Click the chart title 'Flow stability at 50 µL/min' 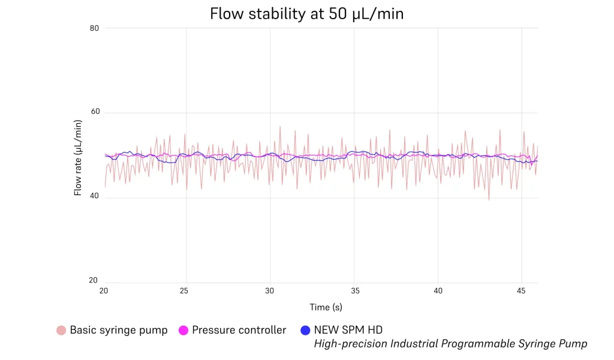pos(306,14)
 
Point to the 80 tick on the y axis pos(94,28)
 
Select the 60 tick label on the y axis pos(94,112)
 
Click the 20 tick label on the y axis pos(94,281)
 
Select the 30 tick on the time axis pos(270,290)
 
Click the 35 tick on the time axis pos(354,290)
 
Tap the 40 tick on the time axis pos(438,290)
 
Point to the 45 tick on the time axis pos(522,290)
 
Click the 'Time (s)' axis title pos(326,307)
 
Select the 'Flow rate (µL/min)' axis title pos(78,157)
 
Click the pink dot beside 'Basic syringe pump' pos(61,330)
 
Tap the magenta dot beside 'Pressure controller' pos(183,330)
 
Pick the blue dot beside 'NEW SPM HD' pos(305,330)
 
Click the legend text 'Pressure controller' pos(239,330)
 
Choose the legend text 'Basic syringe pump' pos(119,330)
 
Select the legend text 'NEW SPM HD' pos(348,330)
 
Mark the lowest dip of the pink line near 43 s pos(489,200)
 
